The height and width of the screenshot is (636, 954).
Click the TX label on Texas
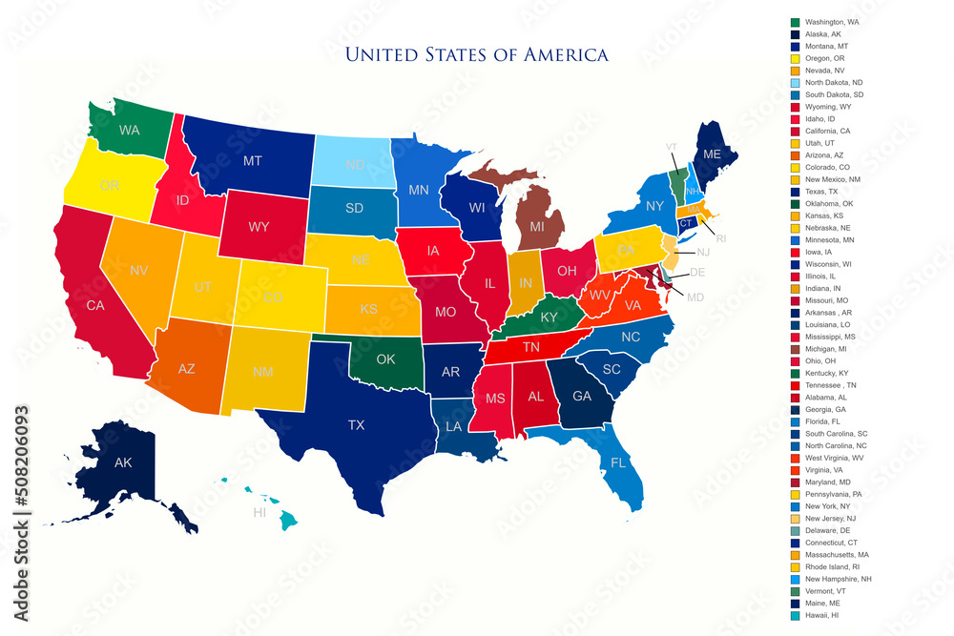coord(356,424)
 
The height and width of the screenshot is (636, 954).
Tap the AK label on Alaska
coord(123,462)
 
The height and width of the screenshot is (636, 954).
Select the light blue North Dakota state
coord(355,164)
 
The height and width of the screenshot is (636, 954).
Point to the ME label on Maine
coord(713,154)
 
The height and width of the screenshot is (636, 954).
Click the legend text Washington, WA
coord(832,21)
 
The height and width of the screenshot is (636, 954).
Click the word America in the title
coord(565,54)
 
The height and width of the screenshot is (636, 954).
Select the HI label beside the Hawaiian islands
coord(259,512)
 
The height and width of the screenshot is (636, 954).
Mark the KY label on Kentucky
coord(550,317)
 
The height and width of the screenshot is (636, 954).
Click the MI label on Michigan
coord(537,227)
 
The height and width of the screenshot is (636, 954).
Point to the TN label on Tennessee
coord(531,347)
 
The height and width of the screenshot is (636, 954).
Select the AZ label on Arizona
coord(186,368)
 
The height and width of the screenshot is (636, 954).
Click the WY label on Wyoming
coord(259,228)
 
